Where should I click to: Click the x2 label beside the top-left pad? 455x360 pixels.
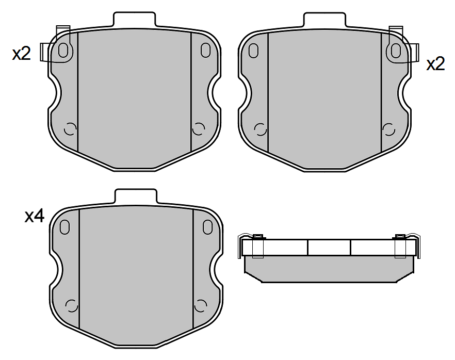click(x=21, y=54)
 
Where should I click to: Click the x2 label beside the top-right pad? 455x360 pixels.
click(x=435, y=64)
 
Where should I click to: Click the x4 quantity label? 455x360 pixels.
click(x=35, y=217)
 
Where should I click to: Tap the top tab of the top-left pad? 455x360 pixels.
click(x=134, y=20)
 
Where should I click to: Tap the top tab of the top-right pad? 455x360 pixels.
click(x=324, y=20)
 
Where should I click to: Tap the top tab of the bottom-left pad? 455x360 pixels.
click(x=136, y=196)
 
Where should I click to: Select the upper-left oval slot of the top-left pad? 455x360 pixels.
click(x=63, y=51)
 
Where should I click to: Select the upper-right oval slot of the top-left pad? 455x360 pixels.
click(x=205, y=50)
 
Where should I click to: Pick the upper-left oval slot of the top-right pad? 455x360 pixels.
click(x=253, y=51)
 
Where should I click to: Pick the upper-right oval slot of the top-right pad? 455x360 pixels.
click(x=396, y=51)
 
